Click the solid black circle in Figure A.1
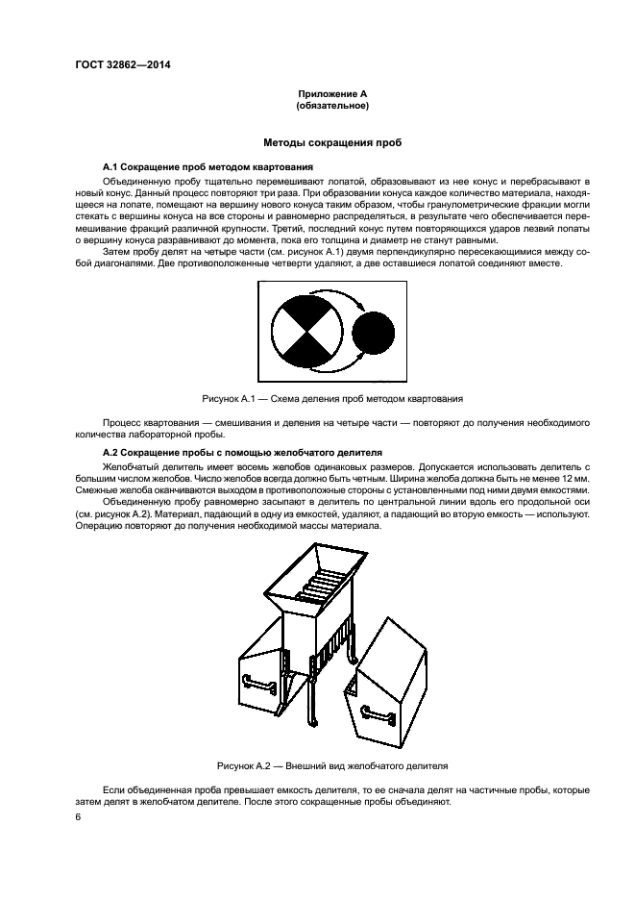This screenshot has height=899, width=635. (373, 334)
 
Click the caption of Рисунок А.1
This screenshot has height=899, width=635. (332, 397)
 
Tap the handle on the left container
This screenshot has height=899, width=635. (258, 684)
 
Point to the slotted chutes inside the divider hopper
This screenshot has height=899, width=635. (320, 587)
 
